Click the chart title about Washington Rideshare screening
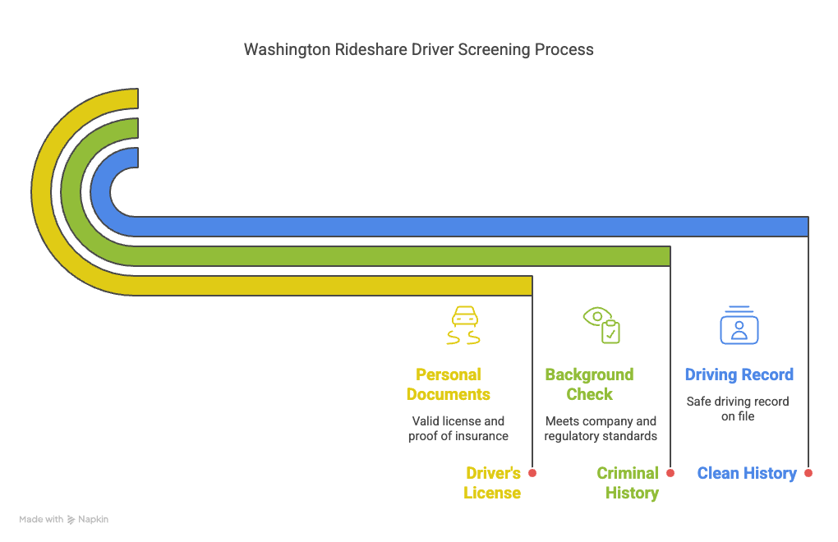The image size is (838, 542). [x=418, y=49]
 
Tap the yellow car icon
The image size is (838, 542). [x=463, y=325]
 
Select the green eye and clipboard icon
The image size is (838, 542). [x=601, y=324]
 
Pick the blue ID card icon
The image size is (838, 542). [x=739, y=325]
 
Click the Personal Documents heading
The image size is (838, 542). [x=449, y=384]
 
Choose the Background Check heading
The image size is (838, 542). [x=590, y=384]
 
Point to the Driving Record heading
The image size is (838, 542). [x=739, y=374]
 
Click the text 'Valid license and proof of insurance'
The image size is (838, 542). [x=458, y=428]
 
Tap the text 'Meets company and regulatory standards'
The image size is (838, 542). [x=601, y=428]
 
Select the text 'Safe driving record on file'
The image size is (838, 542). [x=738, y=408]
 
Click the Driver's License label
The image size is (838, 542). [x=492, y=483]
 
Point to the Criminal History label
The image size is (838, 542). [x=628, y=483]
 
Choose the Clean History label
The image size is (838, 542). [x=747, y=473]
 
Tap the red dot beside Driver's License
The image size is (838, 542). [x=532, y=473]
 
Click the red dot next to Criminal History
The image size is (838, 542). [x=670, y=473]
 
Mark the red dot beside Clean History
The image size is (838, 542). [x=808, y=473]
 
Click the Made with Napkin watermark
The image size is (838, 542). [x=63, y=519]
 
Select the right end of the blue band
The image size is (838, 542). [x=808, y=227]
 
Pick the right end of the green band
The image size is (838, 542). [x=670, y=256]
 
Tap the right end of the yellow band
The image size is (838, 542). [x=532, y=286]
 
